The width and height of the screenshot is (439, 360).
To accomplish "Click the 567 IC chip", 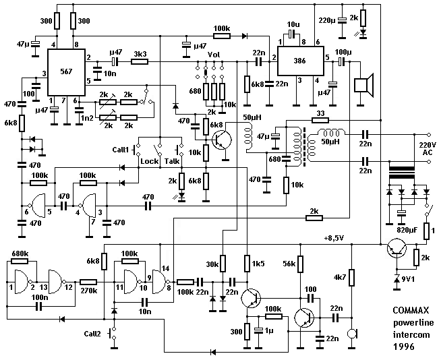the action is pyautogui.click(x=66, y=72).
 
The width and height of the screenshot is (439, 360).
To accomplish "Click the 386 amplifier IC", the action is pyautogui.click(x=301, y=61).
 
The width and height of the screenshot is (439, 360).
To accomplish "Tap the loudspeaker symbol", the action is pyautogui.click(x=364, y=86).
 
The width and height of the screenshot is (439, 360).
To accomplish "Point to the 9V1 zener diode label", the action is pyautogui.click(x=407, y=279).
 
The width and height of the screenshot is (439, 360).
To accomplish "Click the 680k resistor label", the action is pyautogui.click(x=20, y=253).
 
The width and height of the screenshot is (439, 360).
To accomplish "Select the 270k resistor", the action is pyautogui.click(x=88, y=282).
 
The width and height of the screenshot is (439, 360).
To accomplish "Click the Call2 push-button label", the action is pyautogui.click(x=92, y=334).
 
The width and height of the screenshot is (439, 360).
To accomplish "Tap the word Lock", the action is pyautogui.click(x=149, y=161).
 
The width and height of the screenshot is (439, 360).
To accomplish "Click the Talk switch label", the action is pyautogui.click(x=172, y=161).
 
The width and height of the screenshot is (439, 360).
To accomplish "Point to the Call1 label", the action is pyautogui.click(x=121, y=150).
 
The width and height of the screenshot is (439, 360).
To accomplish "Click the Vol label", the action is pyautogui.click(x=214, y=55).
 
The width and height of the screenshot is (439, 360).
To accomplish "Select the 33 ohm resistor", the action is pyautogui.click(x=320, y=121).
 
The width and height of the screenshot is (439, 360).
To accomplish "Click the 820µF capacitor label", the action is pyautogui.click(x=407, y=230).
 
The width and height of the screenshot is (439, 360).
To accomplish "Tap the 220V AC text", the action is pyautogui.click(x=428, y=148).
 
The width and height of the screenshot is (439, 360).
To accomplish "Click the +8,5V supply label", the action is pyautogui.click(x=334, y=238).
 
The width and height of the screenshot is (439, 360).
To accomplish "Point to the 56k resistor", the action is pyautogui.click(x=300, y=264).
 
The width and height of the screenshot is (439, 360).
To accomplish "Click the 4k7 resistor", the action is pyautogui.click(x=352, y=278).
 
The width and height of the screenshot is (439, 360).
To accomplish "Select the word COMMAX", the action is pyautogui.click(x=411, y=310).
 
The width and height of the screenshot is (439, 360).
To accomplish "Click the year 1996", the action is pyautogui.click(x=404, y=347).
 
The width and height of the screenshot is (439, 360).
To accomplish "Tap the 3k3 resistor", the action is pyautogui.click(x=140, y=61).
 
